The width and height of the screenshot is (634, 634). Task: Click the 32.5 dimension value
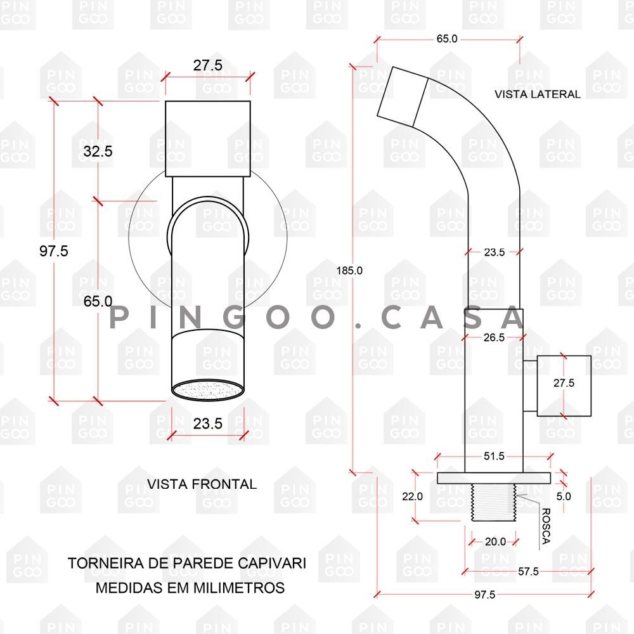(x=98, y=152)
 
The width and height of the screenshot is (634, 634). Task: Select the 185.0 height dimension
(x=349, y=270)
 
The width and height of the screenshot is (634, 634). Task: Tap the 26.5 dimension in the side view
(x=494, y=337)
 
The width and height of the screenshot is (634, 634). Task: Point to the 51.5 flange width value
(x=494, y=456)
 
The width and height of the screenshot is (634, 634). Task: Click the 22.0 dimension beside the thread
(x=412, y=496)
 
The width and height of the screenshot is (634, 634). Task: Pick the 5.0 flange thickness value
(x=564, y=496)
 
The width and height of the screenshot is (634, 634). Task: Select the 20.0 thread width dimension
(x=495, y=541)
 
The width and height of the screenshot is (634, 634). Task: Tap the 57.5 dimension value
(x=528, y=571)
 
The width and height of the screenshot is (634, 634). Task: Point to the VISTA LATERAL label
(x=537, y=94)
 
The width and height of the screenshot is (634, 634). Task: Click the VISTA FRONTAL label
(x=202, y=484)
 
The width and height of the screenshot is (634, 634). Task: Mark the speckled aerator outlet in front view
(x=208, y=389)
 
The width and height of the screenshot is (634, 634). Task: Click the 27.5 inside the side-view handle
(x=564, y=383)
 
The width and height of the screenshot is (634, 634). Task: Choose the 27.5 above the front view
(x=208, y=65)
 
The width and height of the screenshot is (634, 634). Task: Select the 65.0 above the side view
(x=446, y=39)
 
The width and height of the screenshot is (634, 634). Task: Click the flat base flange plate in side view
(x=494, y=477)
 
